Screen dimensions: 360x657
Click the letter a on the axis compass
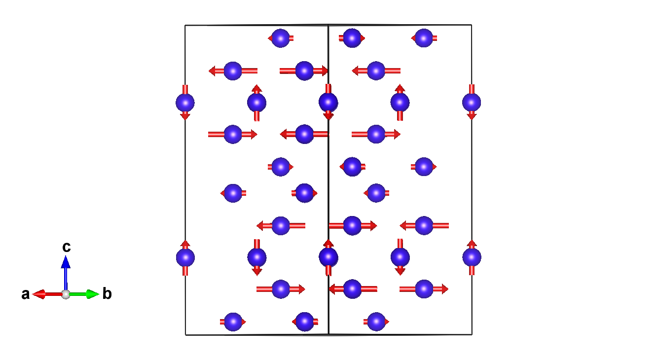[25, 295]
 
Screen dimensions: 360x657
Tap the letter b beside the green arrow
[107, 294]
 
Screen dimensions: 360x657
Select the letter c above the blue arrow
[66, 247]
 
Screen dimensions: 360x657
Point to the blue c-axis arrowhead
[66, 260]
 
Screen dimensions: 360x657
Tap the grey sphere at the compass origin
[66, 294]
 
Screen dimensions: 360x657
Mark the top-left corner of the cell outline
[185, 25]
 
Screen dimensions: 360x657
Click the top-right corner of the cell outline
[472, 25]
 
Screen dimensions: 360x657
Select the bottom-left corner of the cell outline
[185, 335]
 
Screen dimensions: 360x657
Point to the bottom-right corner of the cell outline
[472, 334]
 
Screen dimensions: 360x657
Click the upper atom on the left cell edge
[185, 103]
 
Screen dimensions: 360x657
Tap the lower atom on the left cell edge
[185, 257]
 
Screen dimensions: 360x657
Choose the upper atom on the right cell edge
[472, 103]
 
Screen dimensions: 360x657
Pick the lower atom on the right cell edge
[472, 257]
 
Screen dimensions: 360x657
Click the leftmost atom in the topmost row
[281, 38]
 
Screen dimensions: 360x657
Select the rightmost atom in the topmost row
[424, 38]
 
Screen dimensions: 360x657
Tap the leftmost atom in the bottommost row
[233, 322]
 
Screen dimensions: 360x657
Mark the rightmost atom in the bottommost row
[376, 322]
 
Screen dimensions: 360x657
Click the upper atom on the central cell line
[328, 103]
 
